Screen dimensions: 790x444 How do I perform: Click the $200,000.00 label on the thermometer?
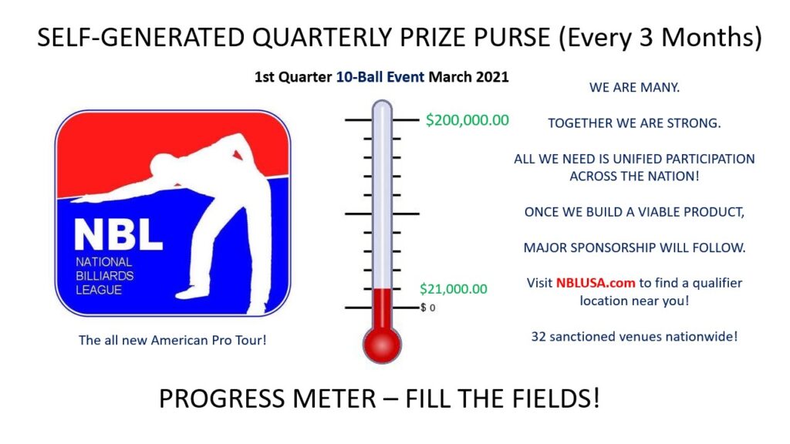click(x=467, y=120)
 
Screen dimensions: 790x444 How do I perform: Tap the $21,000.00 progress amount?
click(x=454, y=289)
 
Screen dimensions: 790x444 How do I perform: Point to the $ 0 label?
click(x=428, y=308)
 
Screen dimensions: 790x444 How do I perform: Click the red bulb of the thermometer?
click(x=382, y=345)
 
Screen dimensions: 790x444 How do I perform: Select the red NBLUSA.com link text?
click(x=596, y=283)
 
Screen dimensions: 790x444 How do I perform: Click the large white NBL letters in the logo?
click(x=118, y=234)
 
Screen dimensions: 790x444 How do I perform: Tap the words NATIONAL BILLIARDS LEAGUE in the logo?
click(x=104, y=276)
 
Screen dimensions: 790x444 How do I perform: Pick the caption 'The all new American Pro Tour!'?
click(x=172, y=340)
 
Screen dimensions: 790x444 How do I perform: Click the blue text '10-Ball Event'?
click(x=380, y=77)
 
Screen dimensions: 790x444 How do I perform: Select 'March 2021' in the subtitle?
click(x=468, y=77)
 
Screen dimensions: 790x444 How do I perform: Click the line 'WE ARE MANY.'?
click(x=634, y=88)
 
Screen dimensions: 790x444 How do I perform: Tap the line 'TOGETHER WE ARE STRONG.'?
click(x=634, y=123)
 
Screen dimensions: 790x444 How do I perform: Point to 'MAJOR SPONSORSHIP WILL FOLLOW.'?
click(x=634, y=247)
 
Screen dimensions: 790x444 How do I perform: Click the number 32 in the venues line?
click(x=538, y=336)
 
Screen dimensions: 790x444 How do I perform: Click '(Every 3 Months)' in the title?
click(x=660, y=39)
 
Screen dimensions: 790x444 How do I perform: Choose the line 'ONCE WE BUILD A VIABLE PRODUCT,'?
click(x=634, y=212)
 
